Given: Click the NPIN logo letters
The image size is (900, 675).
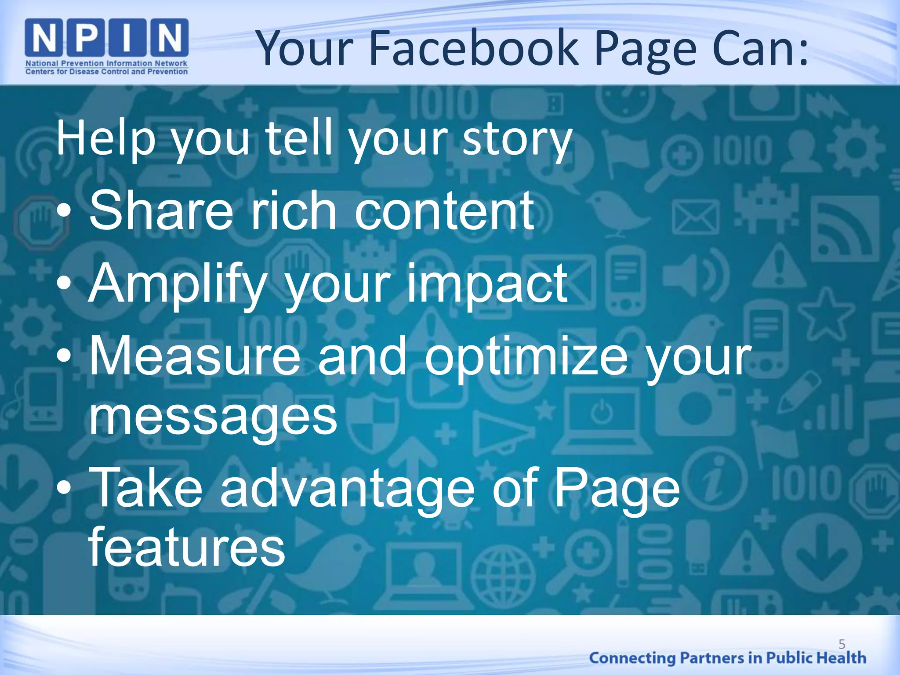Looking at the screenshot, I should pos(107,39).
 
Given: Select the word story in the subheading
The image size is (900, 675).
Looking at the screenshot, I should pos(517,140).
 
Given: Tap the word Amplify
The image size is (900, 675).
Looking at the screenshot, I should pos(178,285).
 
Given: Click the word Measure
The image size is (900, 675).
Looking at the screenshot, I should pos(195,356).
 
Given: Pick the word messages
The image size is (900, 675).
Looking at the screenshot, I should pos(213,415).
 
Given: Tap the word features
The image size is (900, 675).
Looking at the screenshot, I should pos(187,547).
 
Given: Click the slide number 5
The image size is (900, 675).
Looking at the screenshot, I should pos(842,644).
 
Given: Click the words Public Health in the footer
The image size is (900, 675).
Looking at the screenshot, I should pos(816,658).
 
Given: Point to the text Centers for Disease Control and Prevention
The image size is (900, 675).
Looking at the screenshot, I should pos(106,72).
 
